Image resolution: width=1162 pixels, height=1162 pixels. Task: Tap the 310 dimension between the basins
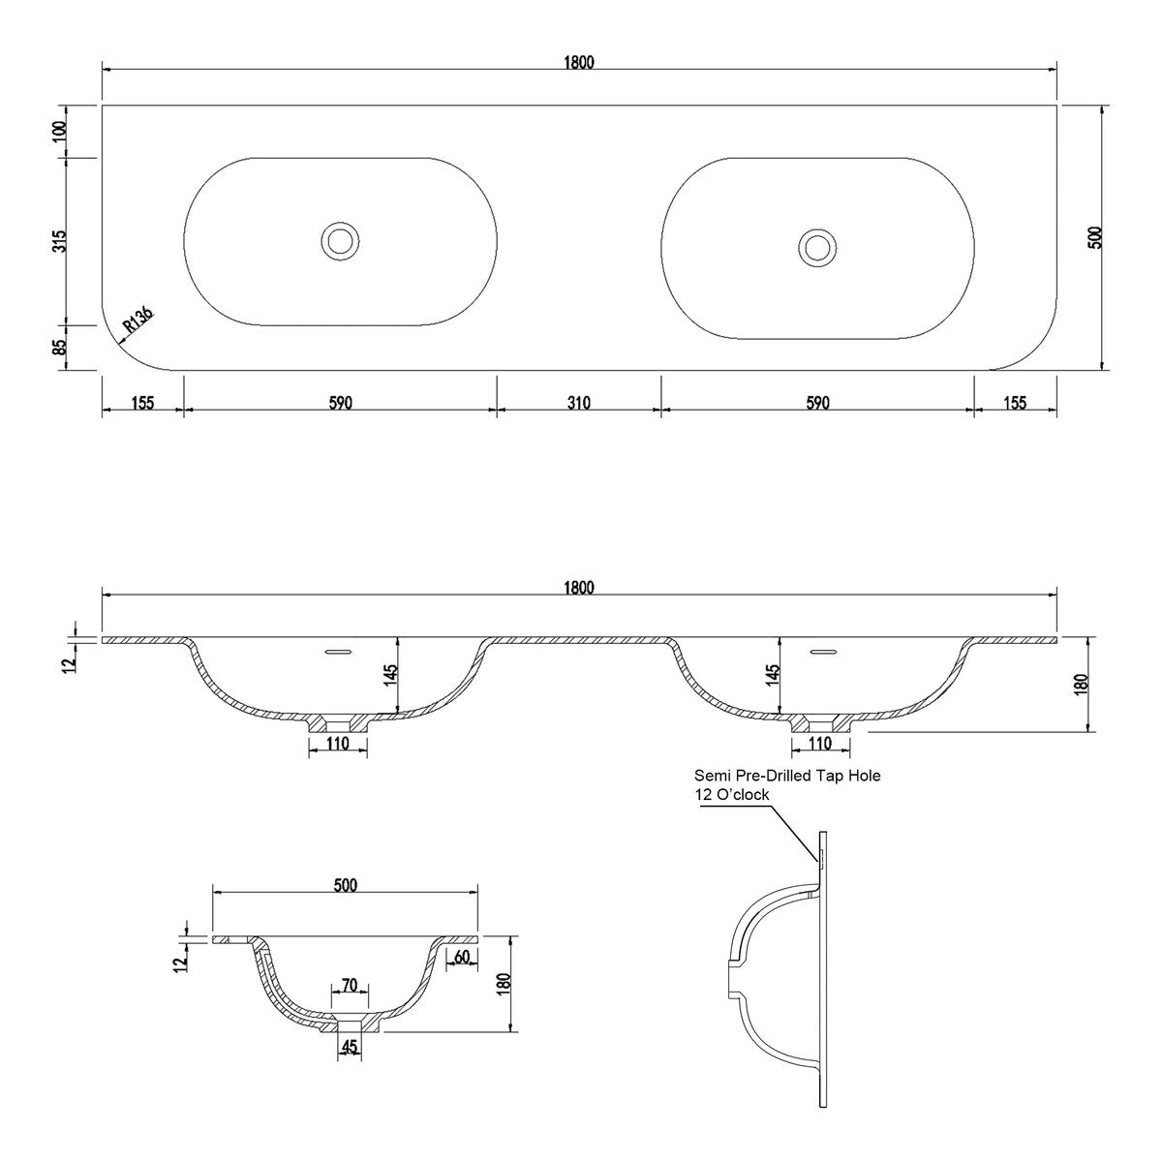(x=578, y=403)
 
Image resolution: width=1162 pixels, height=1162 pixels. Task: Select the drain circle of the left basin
(x=340, y=241)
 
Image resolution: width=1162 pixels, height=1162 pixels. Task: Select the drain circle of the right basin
(x=817, y=247)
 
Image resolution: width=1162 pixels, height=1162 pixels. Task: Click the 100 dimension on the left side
(x=59, y=132)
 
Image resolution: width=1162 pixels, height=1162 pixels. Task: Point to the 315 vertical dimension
(x=59, y=241)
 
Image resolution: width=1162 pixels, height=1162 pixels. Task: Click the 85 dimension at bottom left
(x=59, y=347)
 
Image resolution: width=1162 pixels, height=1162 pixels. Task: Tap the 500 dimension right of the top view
(x=1095, y=237)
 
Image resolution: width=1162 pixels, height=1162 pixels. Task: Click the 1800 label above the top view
(x=579, y=62)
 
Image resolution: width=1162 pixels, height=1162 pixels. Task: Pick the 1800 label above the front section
(x=579, y=588)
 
